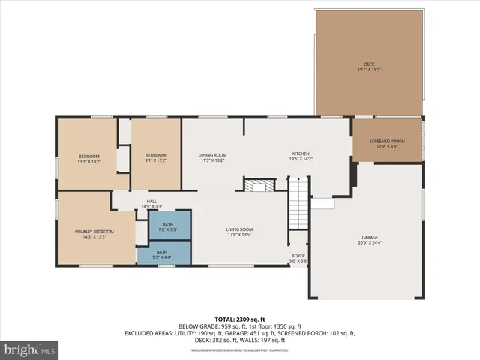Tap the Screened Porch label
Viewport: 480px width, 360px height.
click(386, 143)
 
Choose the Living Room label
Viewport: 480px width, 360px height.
click(240, 229)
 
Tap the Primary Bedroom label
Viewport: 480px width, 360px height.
click(94, 232)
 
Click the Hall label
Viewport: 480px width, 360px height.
click(151, 201)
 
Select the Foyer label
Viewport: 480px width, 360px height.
click(298, 256)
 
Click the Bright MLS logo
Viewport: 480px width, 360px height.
click(30, 349)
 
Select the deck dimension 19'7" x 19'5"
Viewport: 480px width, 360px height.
click(368, 70)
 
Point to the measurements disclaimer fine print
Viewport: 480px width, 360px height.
click(240, 350)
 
